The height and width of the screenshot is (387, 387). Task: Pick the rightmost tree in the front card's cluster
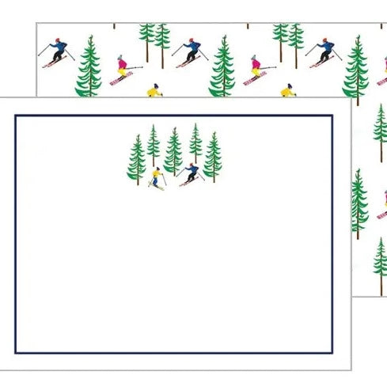tap(212, 157)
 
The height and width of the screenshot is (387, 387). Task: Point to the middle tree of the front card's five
tap(173, 152)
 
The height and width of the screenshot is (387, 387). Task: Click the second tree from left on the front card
tap(153, 146)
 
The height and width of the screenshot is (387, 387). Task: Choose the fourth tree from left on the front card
tap(195, 144)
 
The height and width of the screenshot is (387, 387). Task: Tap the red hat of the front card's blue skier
tap(192, 165)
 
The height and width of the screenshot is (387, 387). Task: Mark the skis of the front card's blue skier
tap(188, 183)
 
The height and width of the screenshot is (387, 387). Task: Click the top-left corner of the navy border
tap(16, 116)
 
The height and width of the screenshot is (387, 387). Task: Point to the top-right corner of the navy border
tap(332, 116)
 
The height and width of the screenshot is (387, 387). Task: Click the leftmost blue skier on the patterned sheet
tap(58, 50)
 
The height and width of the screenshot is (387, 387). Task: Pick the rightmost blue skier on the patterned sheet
tap(324, 50)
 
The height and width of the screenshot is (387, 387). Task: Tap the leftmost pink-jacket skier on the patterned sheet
tap(120, 68)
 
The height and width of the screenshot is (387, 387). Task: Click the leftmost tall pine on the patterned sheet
tap(89, 67)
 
